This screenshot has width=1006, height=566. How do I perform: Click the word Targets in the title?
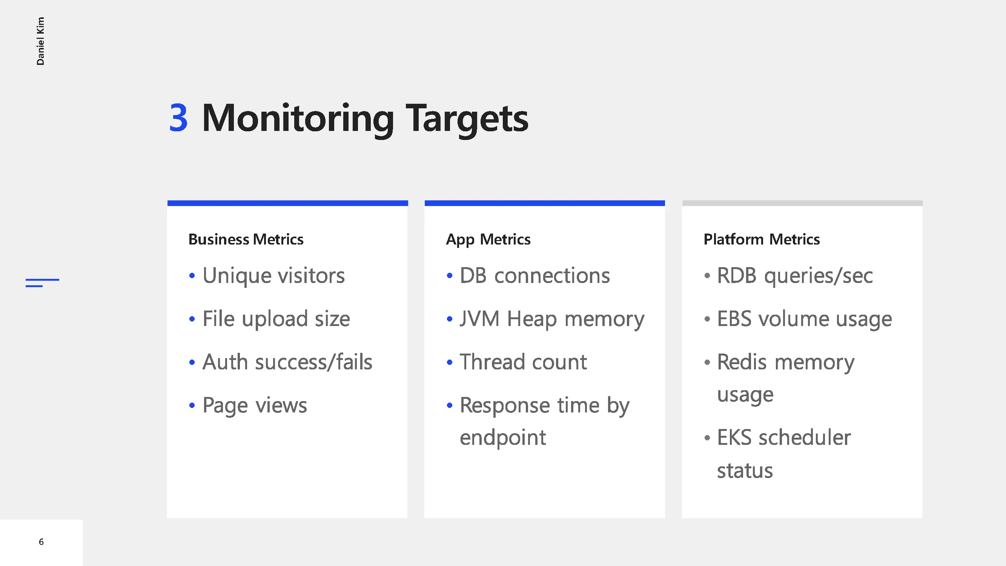click(467, 120)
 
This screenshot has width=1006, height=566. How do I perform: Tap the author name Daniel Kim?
click(40, 41)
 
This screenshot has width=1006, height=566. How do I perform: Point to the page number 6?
click(41, 542)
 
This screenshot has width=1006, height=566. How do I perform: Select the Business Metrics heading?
click(246, 239)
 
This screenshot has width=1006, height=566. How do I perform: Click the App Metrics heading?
click(488, 240)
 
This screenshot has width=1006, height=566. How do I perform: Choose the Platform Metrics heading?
click(762, 239)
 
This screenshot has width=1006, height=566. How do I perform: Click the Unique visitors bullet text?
click(273, 275)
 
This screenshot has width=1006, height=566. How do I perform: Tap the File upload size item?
click(276, 319)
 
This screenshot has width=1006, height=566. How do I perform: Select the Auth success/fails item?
click(287, 362)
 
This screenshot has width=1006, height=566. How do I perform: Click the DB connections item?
click(534, 275)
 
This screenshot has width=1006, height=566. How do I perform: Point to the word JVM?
click(479, 319)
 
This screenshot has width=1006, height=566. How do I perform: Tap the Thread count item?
click(523, 362)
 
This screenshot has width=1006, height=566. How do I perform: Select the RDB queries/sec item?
click(795, 276)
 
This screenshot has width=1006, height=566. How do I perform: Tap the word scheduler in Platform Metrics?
click(805, 437)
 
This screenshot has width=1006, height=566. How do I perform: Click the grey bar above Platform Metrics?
click(802, 203)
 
